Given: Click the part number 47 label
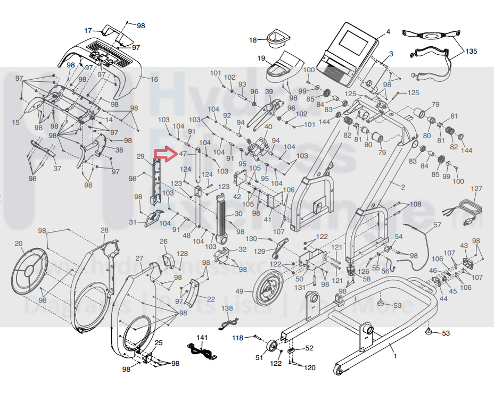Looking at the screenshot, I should (x=183, y=154).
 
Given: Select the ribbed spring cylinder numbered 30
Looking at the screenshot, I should (x=222, y=219).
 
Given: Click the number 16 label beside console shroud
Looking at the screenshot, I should (x=154, y=79).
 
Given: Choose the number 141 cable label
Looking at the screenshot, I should (x=202, y=338).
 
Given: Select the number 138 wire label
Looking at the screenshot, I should (x=227, y=308).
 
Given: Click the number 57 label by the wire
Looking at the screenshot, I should (x=437, y=225).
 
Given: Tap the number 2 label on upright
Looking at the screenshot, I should (x=402, y=187).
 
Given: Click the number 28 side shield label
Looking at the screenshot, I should (x=104, y=230).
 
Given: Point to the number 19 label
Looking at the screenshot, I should (x=261, y=58).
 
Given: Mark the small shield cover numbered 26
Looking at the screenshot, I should (x=168, y=260).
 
